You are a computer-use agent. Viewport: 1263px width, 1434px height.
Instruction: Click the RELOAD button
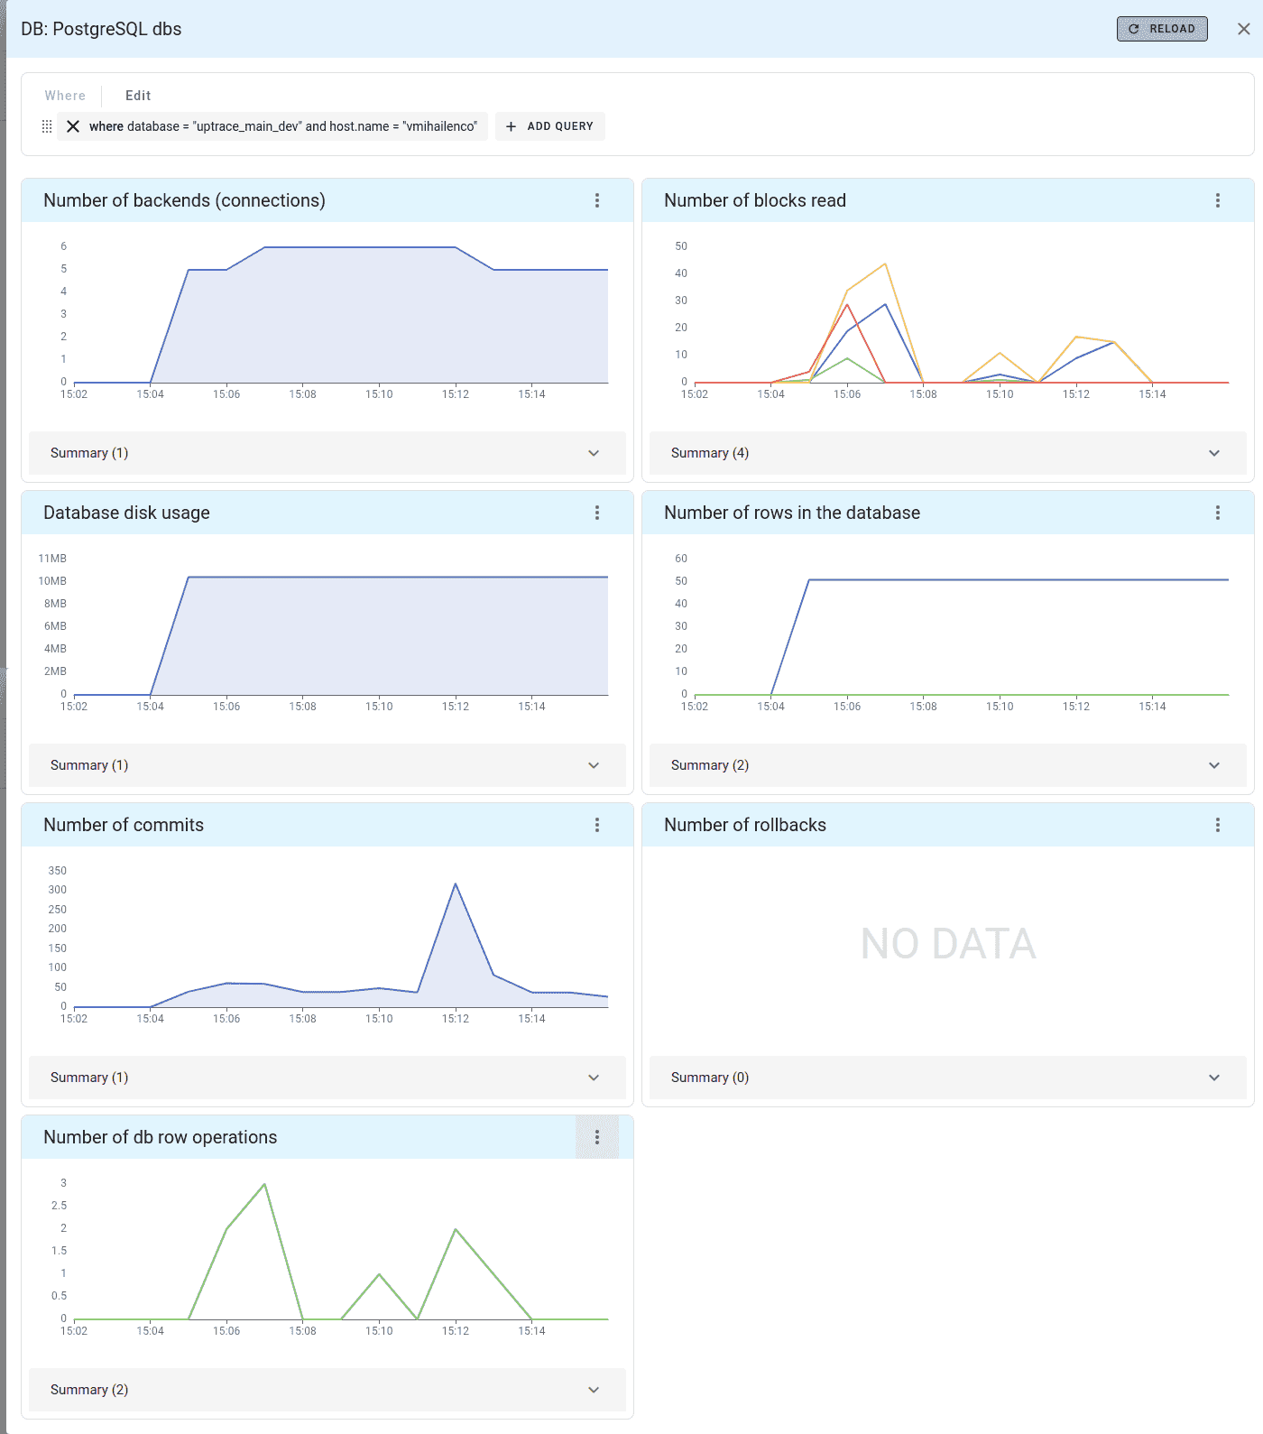1161,29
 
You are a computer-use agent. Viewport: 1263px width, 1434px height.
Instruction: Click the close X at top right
1243,29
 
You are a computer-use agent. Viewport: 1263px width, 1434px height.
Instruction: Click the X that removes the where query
73,126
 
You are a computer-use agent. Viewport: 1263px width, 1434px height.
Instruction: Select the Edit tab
137,96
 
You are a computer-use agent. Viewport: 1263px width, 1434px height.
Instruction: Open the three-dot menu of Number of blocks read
1217,200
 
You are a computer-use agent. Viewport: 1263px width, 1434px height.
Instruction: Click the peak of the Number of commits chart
456,884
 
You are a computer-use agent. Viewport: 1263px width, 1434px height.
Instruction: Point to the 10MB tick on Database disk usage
52,581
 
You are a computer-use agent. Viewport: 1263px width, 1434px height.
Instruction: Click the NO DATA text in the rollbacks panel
947,944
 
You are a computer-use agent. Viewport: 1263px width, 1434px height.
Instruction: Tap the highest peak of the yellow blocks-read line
885,264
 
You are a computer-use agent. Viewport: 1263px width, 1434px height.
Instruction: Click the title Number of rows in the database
791,513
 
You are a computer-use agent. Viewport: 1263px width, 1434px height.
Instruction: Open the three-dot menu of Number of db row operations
596,1137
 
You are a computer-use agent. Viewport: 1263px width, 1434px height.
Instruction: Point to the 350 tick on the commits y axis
57,871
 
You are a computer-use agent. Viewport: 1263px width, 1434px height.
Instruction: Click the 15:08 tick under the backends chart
302,394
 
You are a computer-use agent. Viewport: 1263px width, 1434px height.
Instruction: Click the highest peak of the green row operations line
264,1184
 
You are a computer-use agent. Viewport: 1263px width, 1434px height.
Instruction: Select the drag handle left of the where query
47,126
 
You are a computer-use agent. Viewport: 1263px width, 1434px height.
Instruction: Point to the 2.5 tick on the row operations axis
59,1206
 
